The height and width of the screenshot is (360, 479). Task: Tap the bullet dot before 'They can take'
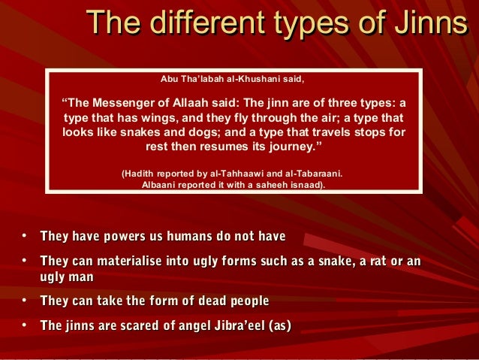24,301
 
